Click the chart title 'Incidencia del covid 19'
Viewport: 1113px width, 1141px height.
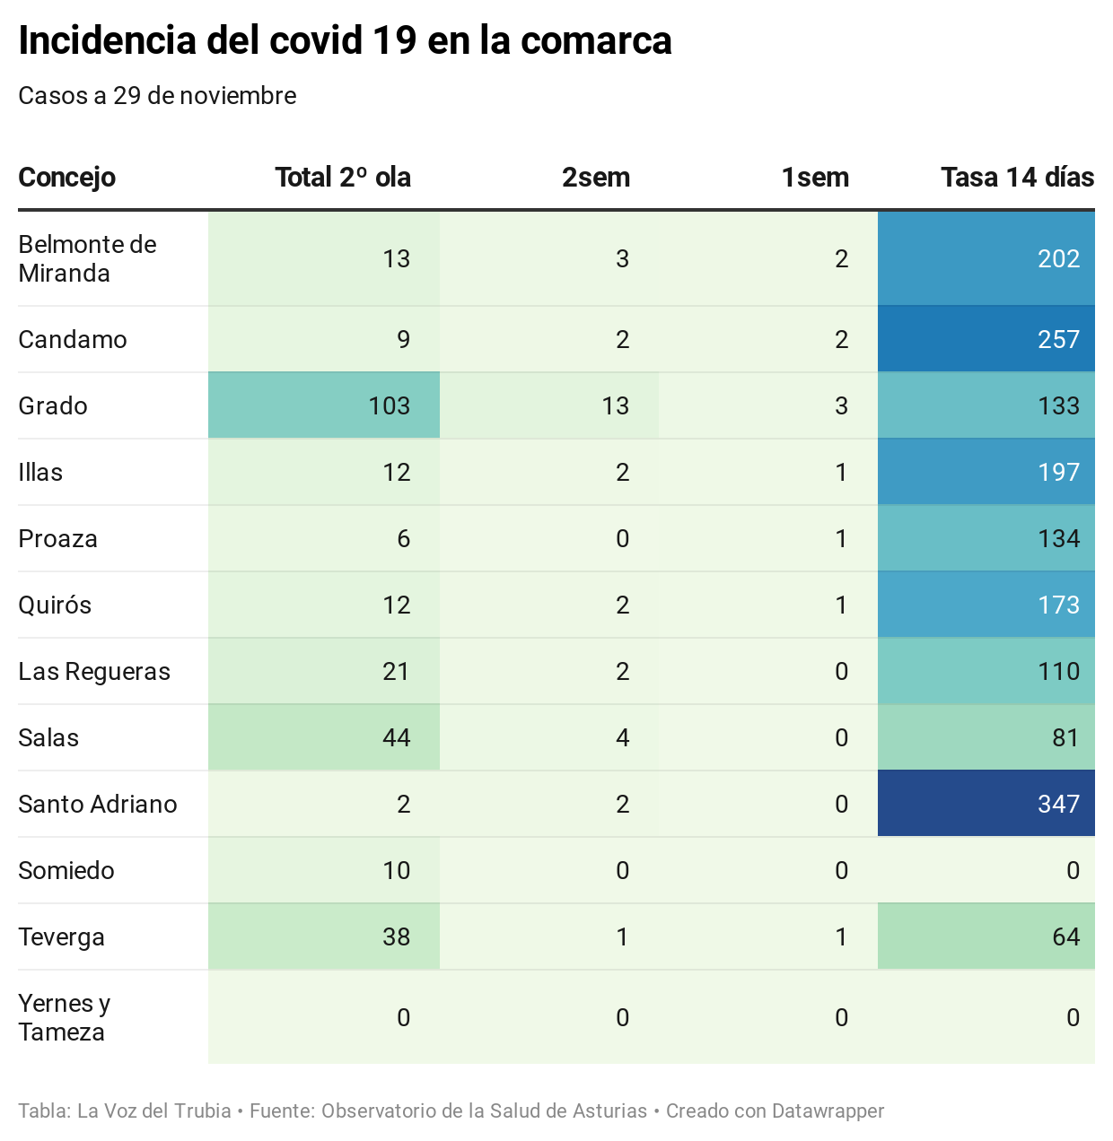[345, 41]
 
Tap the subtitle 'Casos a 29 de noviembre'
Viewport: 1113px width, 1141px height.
[157, 96]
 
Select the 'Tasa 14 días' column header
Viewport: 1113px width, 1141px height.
[1017, 178]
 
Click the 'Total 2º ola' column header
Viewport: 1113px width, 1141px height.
[343, 178]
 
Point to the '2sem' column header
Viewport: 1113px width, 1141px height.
[596, 178]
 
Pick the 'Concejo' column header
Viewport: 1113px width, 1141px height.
[66, 178]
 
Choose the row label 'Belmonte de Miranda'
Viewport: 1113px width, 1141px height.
[87, 258]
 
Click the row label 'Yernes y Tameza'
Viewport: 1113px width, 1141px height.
[64, 1017]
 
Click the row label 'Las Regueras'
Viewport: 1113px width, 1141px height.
[94, 671]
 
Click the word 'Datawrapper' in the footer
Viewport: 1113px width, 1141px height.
[828, 1111]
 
